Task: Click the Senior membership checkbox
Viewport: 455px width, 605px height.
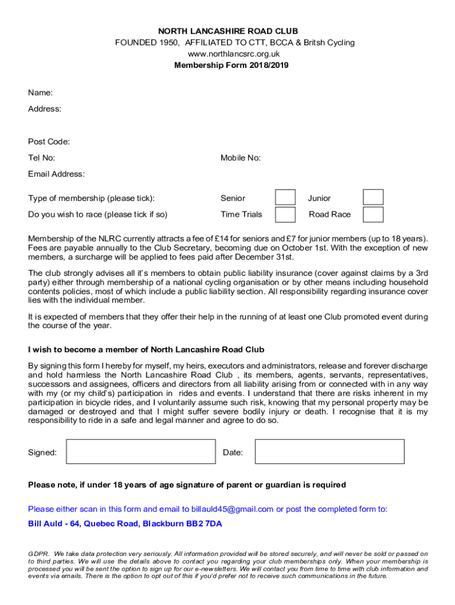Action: coord(285,197)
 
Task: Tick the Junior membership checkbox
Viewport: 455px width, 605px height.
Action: coord(373,197)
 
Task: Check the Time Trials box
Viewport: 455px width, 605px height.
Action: coord(285,214)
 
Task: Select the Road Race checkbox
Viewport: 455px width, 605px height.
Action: coord(373,214)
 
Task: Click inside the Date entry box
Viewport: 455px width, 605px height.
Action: coord(329,452)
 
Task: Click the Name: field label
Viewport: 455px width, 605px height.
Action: coord(40,93)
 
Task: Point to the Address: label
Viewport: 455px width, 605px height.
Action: coord(44,109)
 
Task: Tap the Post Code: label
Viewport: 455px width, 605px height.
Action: coord(49,142)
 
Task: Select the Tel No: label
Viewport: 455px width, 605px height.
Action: coord(41,158)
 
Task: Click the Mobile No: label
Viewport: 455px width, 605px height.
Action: coord(240,158)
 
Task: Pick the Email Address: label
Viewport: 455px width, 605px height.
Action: coord(56,174)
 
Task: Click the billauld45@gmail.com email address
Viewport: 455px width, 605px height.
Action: coord(232,509)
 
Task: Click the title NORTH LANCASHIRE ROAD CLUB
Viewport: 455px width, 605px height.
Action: coord(227,31)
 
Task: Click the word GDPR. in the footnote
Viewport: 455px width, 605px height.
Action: coord(39,554)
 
